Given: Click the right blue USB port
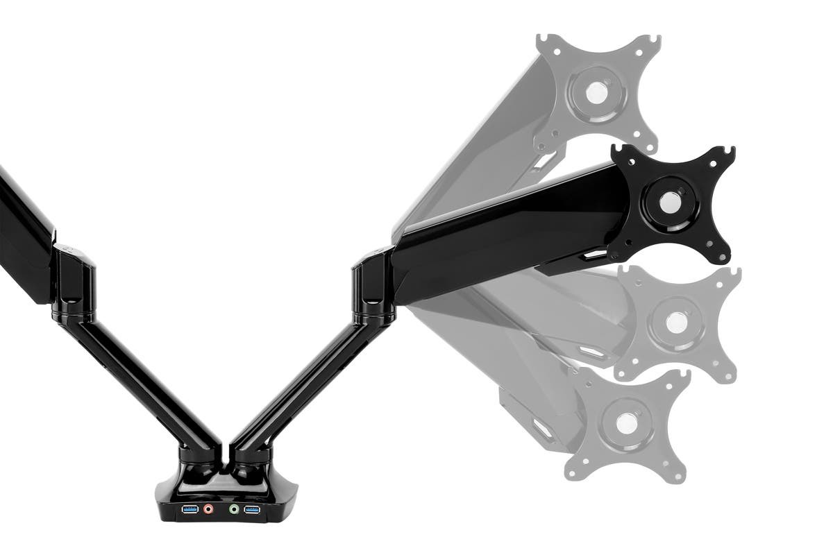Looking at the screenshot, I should [252, 511].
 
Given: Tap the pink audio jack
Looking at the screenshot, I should [209, 511].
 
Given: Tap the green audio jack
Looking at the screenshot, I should [234, 511].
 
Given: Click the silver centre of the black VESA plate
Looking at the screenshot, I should [670, 203].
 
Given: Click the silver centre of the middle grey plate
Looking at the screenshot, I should [675, 323].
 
